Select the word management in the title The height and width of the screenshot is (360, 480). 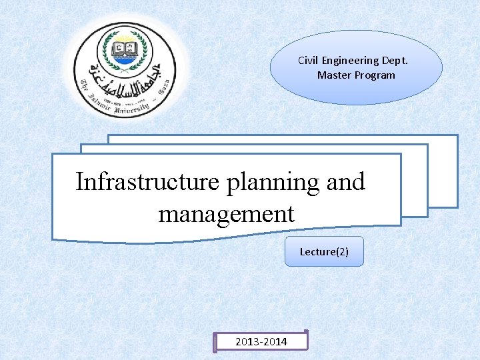point(226,214)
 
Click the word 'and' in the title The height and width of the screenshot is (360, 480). point(345,182)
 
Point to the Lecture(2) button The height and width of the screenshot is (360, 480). point(324,251)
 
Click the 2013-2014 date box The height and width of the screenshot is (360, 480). point(261,342)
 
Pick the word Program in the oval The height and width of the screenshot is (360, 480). point(375,75)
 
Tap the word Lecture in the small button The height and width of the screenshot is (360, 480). point(317,252)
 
